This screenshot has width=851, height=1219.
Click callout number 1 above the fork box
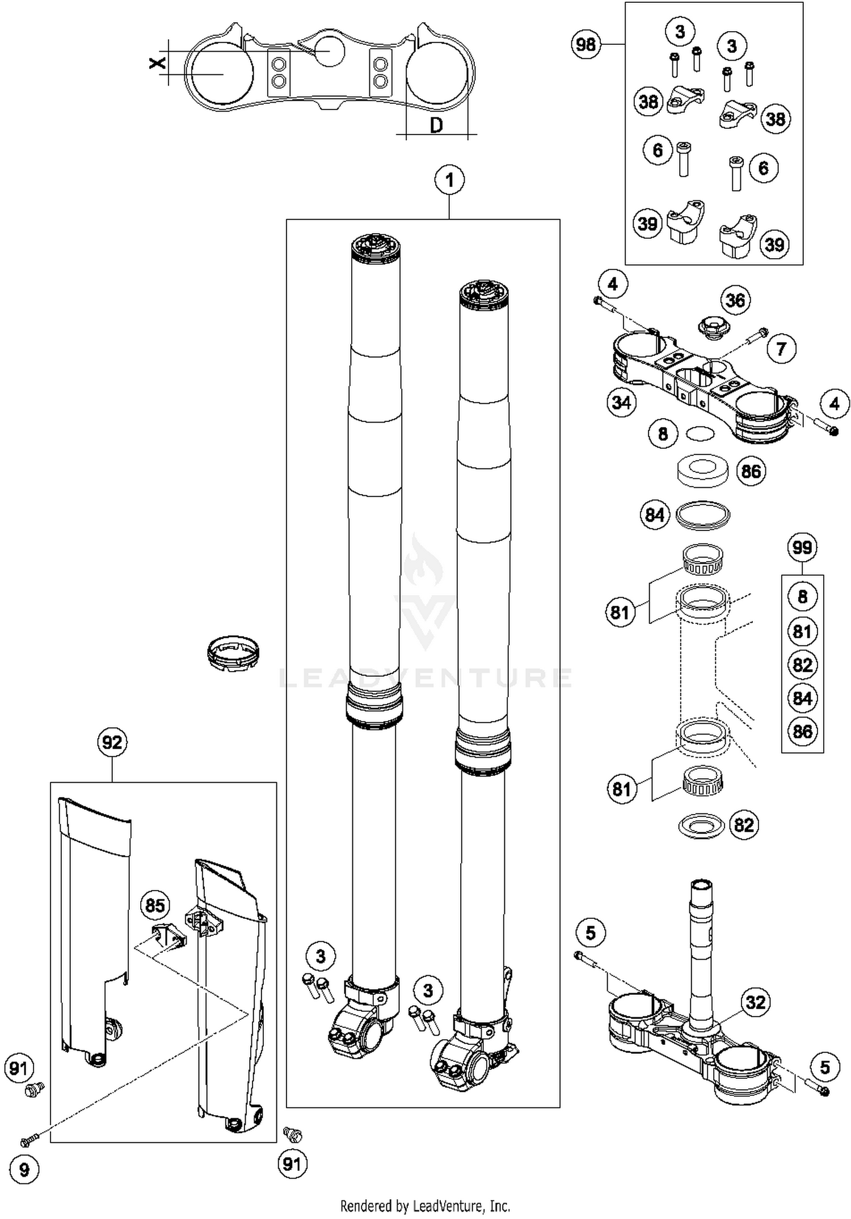(x=449, y=180)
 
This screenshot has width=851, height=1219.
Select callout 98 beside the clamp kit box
(x=586, y=44)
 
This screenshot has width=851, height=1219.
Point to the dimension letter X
(x=157, y=62)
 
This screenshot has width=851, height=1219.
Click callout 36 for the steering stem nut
(x=735, y=300)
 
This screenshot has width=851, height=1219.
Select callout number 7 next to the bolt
(x=781, y=348)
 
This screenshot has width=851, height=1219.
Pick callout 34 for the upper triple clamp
(x=621, y=403)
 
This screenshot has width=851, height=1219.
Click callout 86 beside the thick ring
(x=751, y=471)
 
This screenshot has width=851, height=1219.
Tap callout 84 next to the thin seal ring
(x=655, y=514)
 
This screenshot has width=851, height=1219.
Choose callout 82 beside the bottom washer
(x=743, y=824)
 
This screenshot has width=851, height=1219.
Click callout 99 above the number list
(x=802, y=547)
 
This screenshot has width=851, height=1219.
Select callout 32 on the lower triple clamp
(x=755, y=1002)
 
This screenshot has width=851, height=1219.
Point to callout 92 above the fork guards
(x=112, y=742)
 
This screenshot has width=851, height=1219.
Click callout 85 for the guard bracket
(x=155, y=905)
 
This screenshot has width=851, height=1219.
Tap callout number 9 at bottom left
(x=24, y=1170)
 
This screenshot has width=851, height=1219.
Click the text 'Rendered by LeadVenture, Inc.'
(x=425, y=1206)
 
